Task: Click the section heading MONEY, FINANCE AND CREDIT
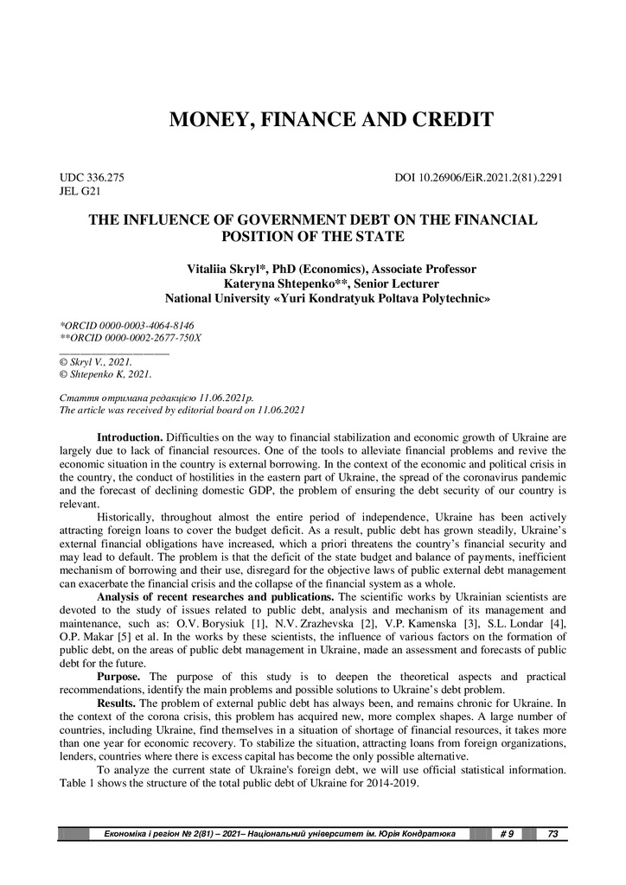coord(331,119)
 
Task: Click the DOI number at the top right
coord(479,177)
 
